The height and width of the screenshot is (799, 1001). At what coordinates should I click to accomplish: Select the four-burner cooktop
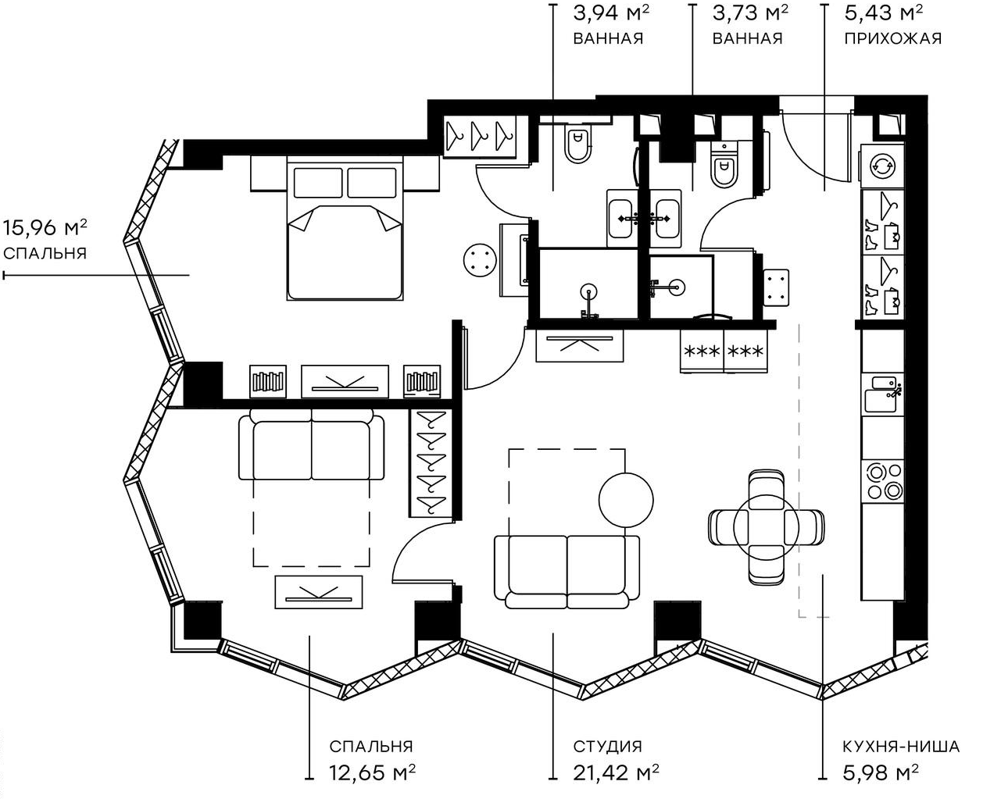[882, 480]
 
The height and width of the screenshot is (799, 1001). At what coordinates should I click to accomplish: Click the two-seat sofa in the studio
[567, 571]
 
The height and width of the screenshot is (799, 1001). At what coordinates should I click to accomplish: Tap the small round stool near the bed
[479, 259]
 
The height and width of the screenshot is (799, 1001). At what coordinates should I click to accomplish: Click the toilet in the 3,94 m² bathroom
[577, 144]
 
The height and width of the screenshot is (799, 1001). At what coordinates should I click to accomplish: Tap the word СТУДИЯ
[607, 747]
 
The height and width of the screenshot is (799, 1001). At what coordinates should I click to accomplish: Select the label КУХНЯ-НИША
[901, 747]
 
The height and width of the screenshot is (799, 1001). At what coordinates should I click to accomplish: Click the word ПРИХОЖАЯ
[892, 37]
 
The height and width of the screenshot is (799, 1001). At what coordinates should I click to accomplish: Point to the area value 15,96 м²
[45, 227]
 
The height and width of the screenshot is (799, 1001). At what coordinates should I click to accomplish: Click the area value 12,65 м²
[371, 772]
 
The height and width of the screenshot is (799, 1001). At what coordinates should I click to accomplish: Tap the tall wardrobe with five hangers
[427, 462]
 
